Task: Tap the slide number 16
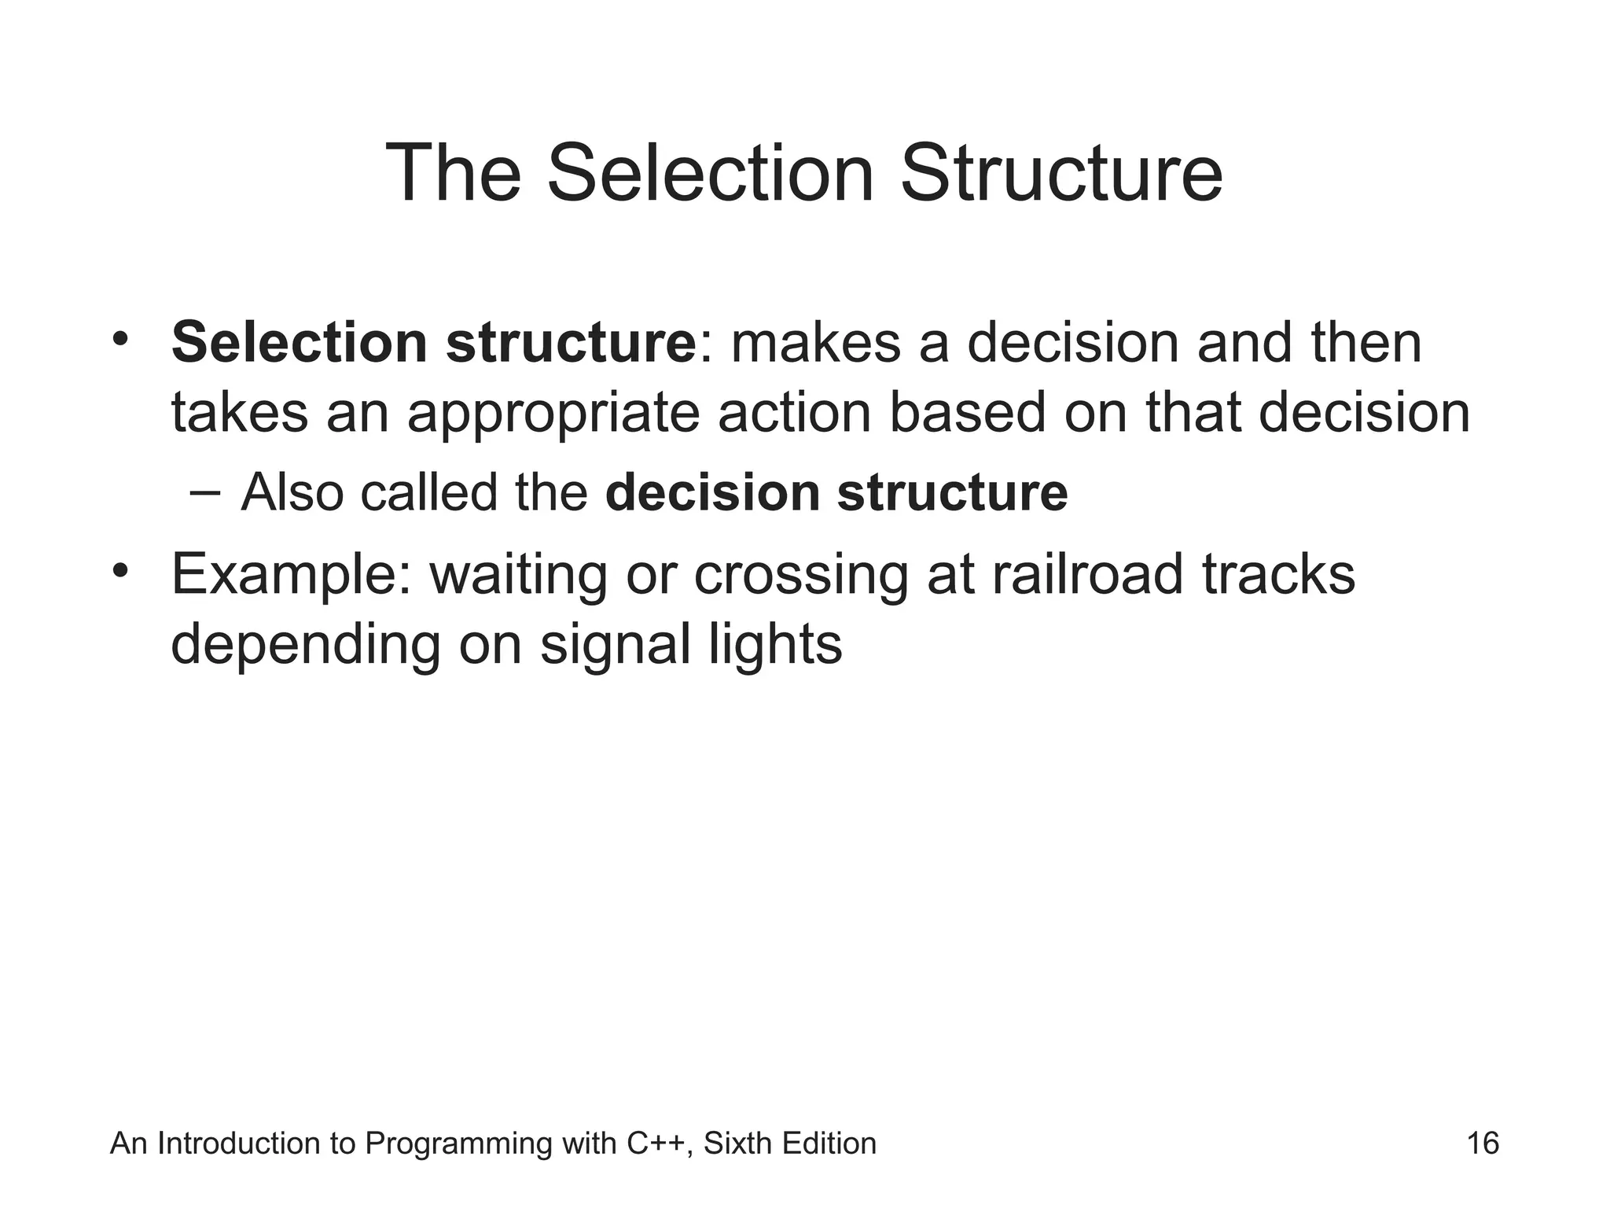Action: point(1483,1144)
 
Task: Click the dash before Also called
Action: point(205,493)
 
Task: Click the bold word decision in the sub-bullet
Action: point(712,493)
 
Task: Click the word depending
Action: point(307,646)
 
